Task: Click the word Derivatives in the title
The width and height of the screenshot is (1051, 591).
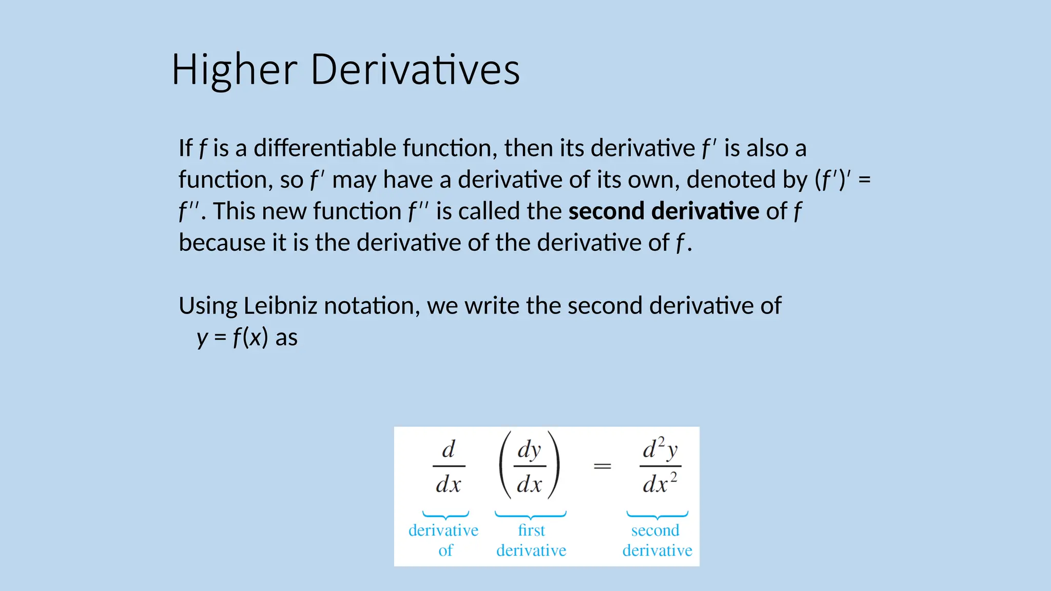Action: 415,70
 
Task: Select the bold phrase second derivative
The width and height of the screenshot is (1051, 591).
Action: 664,211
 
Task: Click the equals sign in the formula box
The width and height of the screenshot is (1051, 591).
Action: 602,466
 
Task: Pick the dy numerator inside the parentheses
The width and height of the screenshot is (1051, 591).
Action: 529,449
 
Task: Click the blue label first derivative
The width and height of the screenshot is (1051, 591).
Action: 531,540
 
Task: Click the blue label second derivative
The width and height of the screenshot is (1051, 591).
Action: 657,540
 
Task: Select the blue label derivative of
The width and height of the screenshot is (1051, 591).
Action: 444,540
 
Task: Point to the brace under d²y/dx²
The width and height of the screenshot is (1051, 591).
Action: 657,515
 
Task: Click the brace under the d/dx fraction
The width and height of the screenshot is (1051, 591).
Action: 445,515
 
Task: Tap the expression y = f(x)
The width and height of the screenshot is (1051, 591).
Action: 232,338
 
